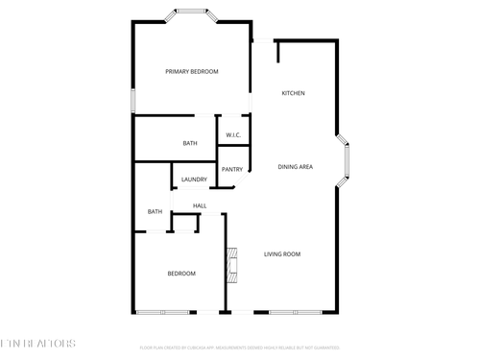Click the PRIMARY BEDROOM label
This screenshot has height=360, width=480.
coord(191,72)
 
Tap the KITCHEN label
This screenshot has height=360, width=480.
coord(293,93)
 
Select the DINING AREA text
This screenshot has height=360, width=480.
coord(295,167)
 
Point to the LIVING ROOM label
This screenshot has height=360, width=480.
coord(282,254)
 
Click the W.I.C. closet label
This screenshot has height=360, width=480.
coord(233,135)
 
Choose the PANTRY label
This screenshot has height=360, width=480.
coord(232,170)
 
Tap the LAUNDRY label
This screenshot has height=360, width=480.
coord(194,180)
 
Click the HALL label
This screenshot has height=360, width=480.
coord(200,205)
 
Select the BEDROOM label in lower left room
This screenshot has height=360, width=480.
coord(181,274)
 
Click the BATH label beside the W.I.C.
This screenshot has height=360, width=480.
coord(190,144)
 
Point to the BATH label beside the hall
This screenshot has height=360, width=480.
coord(155,212)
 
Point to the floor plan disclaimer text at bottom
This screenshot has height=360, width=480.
coord(239,348)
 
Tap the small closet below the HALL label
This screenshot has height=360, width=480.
coord(183,223)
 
